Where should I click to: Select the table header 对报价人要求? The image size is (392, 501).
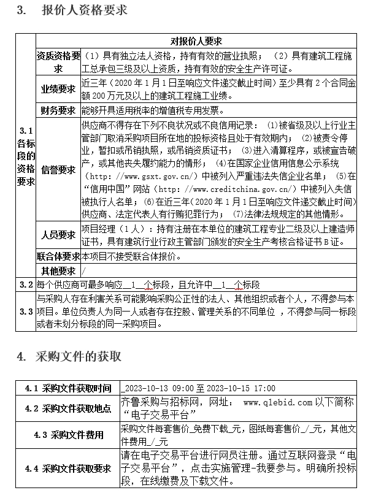[196, 41]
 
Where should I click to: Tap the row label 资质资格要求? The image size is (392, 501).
[58, 61]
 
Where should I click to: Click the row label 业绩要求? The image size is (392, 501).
[58, 89]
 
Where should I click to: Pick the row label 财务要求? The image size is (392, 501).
[58, 110]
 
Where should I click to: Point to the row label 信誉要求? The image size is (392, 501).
[58, 169]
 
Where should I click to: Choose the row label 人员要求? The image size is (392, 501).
[58, 235]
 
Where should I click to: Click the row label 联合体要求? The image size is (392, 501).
[58, 256]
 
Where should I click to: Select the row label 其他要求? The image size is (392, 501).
[58, 270]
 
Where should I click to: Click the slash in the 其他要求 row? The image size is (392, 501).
[83, 270]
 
